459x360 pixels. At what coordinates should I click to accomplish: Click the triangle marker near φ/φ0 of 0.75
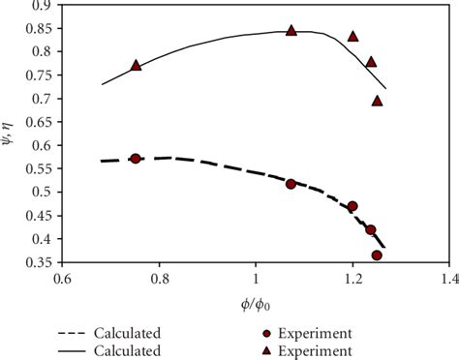pos(136,65)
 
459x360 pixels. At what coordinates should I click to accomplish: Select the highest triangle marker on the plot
pos(291,31)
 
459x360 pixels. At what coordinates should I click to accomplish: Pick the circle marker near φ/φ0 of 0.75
pos(136,159)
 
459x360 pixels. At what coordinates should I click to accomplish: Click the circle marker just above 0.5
pos(291,184)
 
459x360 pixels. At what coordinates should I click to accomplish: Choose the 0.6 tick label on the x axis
pos(63,280)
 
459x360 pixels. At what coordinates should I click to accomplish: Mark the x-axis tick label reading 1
pos(256,280)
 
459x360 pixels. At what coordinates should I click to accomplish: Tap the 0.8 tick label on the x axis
pos(160,280)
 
